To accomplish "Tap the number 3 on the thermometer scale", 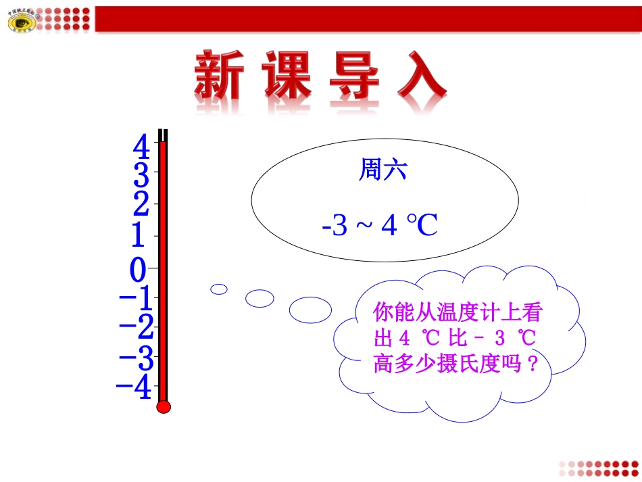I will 141,176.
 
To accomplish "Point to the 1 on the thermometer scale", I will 138,236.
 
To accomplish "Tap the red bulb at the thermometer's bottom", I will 164,407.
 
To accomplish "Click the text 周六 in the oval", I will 382,171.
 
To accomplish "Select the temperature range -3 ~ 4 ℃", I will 380,226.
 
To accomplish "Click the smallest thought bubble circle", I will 219,289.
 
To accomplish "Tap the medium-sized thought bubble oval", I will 260,297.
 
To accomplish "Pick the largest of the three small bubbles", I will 311,310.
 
